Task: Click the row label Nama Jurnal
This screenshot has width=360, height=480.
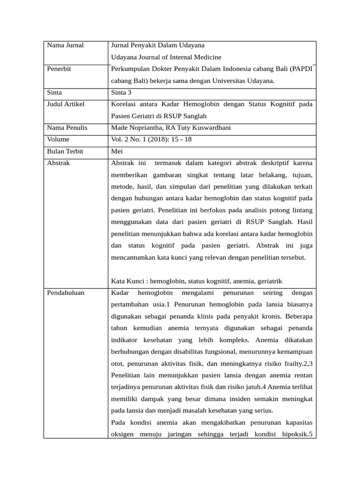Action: click(x=65, y=45)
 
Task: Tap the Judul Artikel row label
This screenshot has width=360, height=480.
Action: click(x=66, y=104)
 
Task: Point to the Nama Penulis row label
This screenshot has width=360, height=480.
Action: click(x=67, y=127)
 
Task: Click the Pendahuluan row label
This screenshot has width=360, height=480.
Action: click(x=66, y=293)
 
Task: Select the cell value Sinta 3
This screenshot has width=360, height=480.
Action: click(x=121, y=92)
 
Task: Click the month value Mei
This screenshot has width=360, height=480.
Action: click(x=117, y=151)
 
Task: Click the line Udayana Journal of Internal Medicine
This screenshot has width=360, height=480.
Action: click(x=166, y=57)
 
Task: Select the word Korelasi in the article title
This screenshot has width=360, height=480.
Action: click(x=124, y=104)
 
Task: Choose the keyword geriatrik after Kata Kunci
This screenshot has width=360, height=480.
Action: click(x=268, y=281)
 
